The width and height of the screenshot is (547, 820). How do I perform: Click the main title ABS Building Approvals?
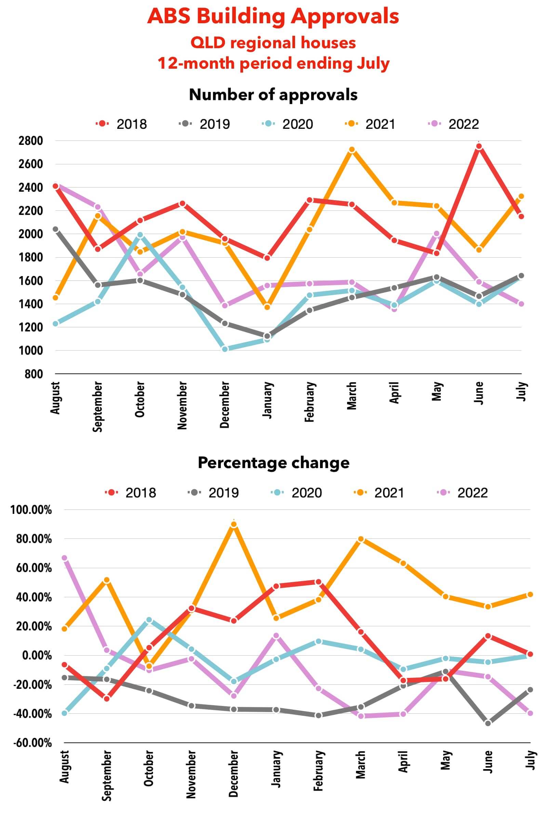273,16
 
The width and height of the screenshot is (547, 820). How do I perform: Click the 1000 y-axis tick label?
34,351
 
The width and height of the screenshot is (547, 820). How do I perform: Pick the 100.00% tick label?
31,510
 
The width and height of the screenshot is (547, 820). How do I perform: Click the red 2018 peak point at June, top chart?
479,147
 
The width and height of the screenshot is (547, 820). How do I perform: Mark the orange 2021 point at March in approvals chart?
352,150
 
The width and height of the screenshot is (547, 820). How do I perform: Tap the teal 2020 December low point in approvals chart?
225,348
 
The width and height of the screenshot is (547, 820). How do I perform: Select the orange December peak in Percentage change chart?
234,524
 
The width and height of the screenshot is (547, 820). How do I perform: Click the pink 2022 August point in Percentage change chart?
64,558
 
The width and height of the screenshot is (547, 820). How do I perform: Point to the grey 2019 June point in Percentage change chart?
488,723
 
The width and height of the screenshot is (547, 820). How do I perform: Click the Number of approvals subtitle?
273,95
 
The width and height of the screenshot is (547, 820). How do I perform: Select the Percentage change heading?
273,463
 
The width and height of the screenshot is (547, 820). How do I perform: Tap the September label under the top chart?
98,406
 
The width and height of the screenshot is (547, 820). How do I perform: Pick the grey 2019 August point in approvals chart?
55,229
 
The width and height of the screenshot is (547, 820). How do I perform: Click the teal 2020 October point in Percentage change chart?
149,620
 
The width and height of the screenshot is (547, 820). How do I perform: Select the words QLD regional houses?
273,43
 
